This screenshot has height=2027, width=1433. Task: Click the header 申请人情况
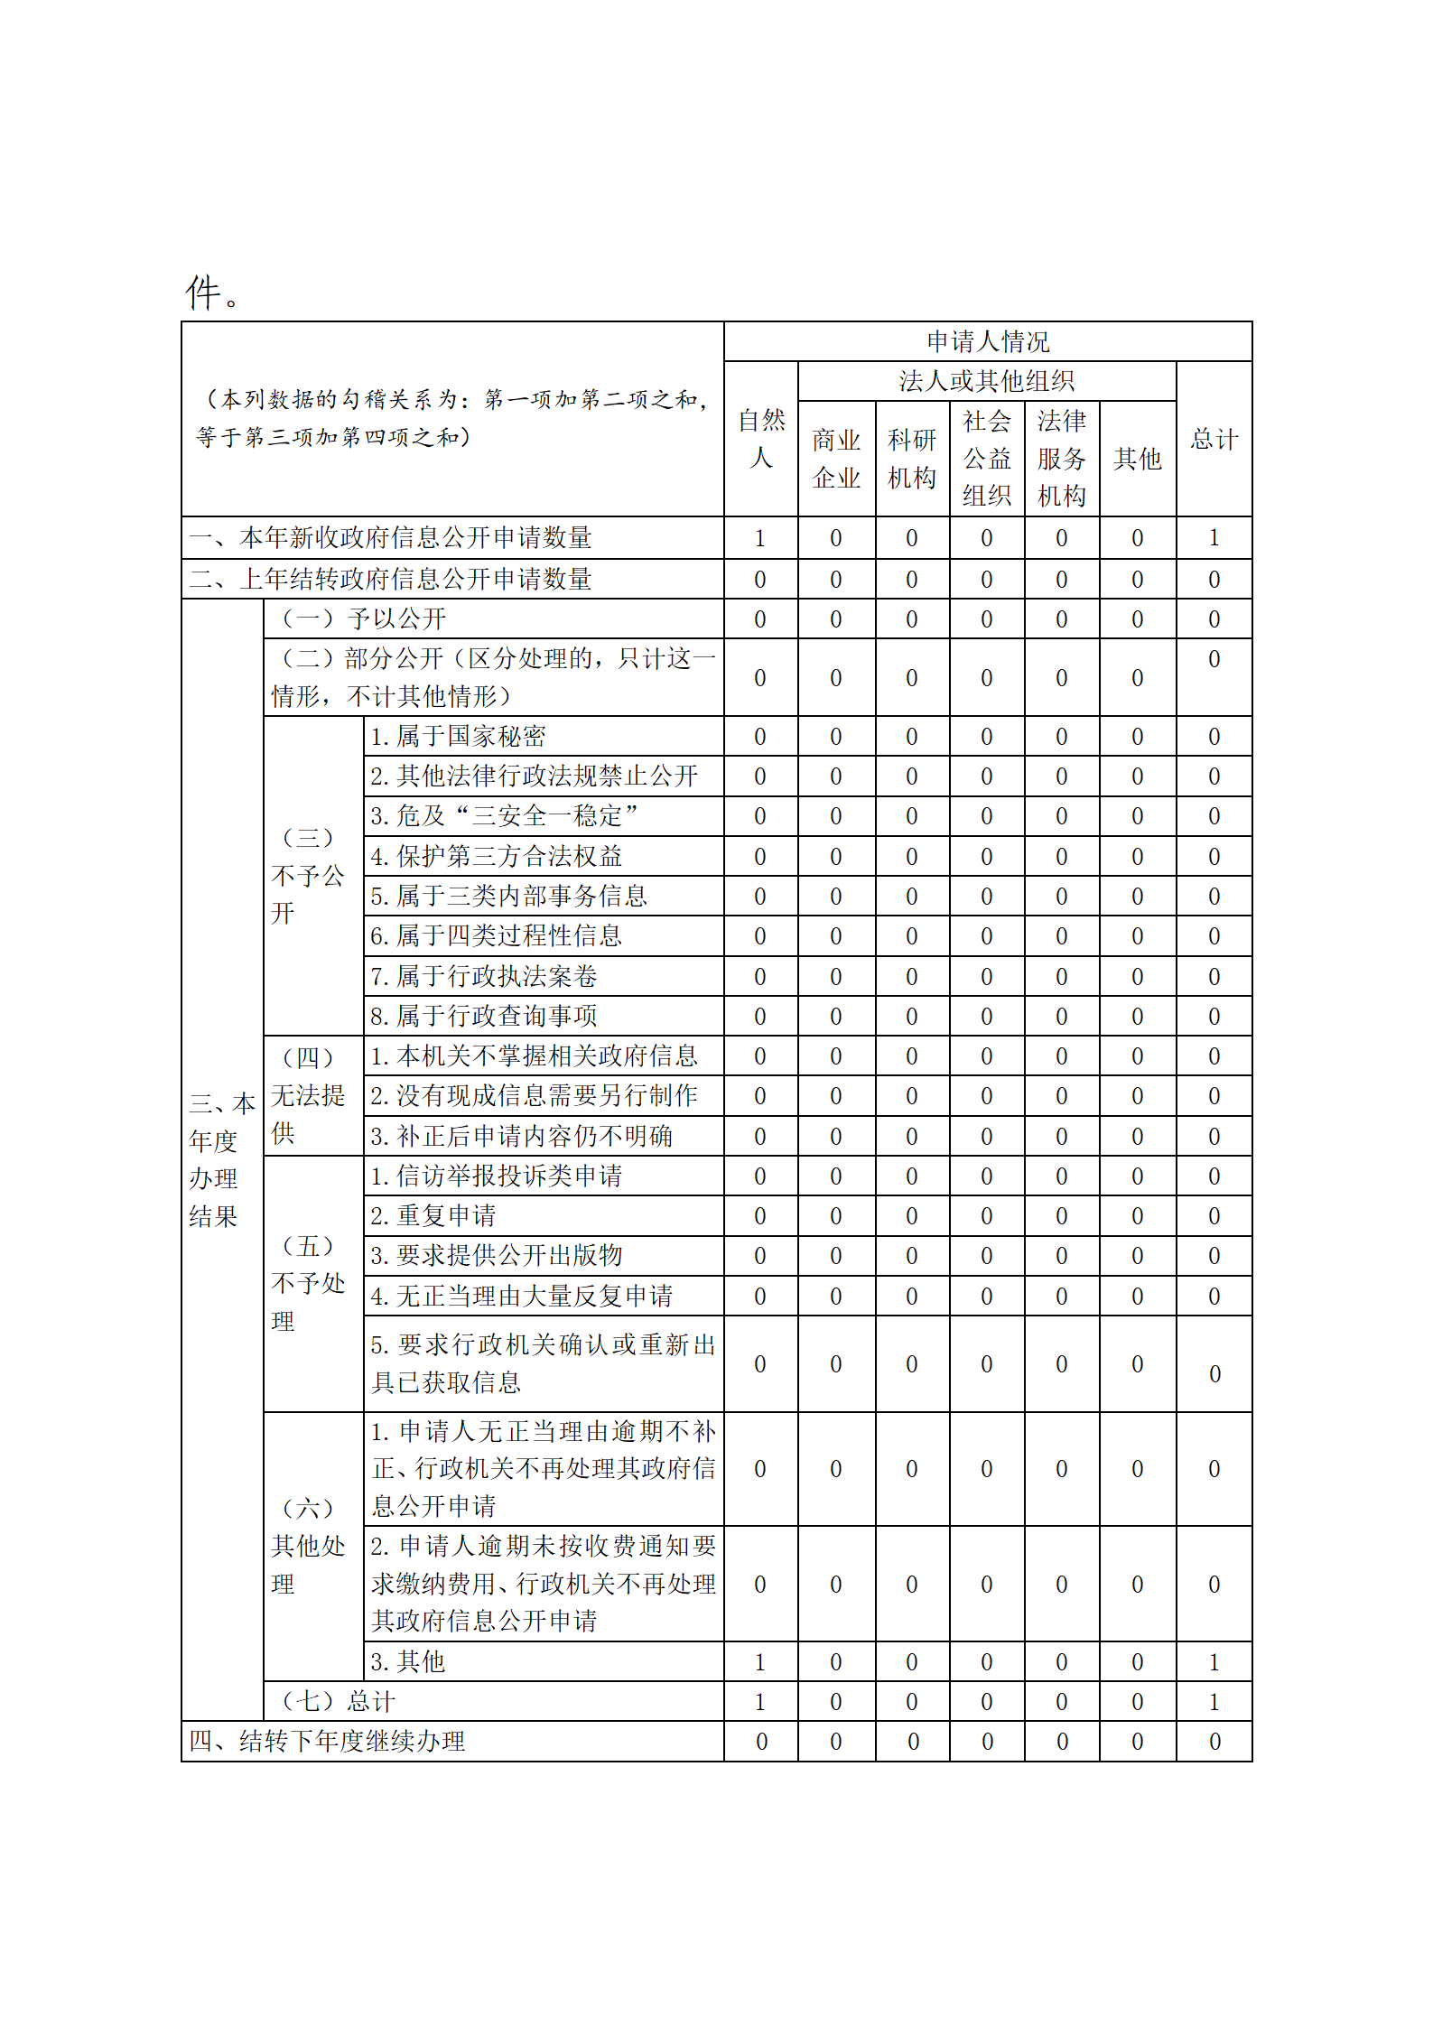[x=987, y=341]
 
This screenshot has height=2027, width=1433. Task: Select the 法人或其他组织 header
[x=986, y=381]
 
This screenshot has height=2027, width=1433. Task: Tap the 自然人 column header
[x=760, y=439]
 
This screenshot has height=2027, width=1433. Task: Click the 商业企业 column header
[x=836, y=459]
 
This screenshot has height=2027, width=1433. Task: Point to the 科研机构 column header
[x=911, y=459]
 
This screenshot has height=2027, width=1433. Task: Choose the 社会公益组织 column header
[x=986, y=459]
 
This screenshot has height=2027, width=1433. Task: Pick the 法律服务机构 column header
[x=1061, y=459]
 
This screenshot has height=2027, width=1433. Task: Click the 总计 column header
[x=1214, y=440]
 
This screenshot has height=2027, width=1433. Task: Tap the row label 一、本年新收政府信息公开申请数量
[x=390, y=538]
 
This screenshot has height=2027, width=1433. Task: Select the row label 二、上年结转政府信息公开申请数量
[x=390, y=579]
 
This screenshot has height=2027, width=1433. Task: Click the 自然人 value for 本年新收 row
[x=760, y=538]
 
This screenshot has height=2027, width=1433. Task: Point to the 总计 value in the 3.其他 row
[x=1214, y=1661]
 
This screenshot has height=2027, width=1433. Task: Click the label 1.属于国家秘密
[x=458, y=737]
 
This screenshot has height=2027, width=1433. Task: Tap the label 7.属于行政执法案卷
[x=483, y=976]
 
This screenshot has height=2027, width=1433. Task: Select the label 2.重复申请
[x=433, y=1215]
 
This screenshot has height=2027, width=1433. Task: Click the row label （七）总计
[x=338, y=1701]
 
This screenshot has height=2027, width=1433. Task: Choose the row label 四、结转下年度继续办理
[x=327, y=1741]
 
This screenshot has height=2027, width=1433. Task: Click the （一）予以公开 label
[x=363, y=618]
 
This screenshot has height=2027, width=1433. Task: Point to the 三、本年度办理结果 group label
[x=221, y=1159]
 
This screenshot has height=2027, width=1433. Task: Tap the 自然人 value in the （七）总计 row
[x=760, y=1701]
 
